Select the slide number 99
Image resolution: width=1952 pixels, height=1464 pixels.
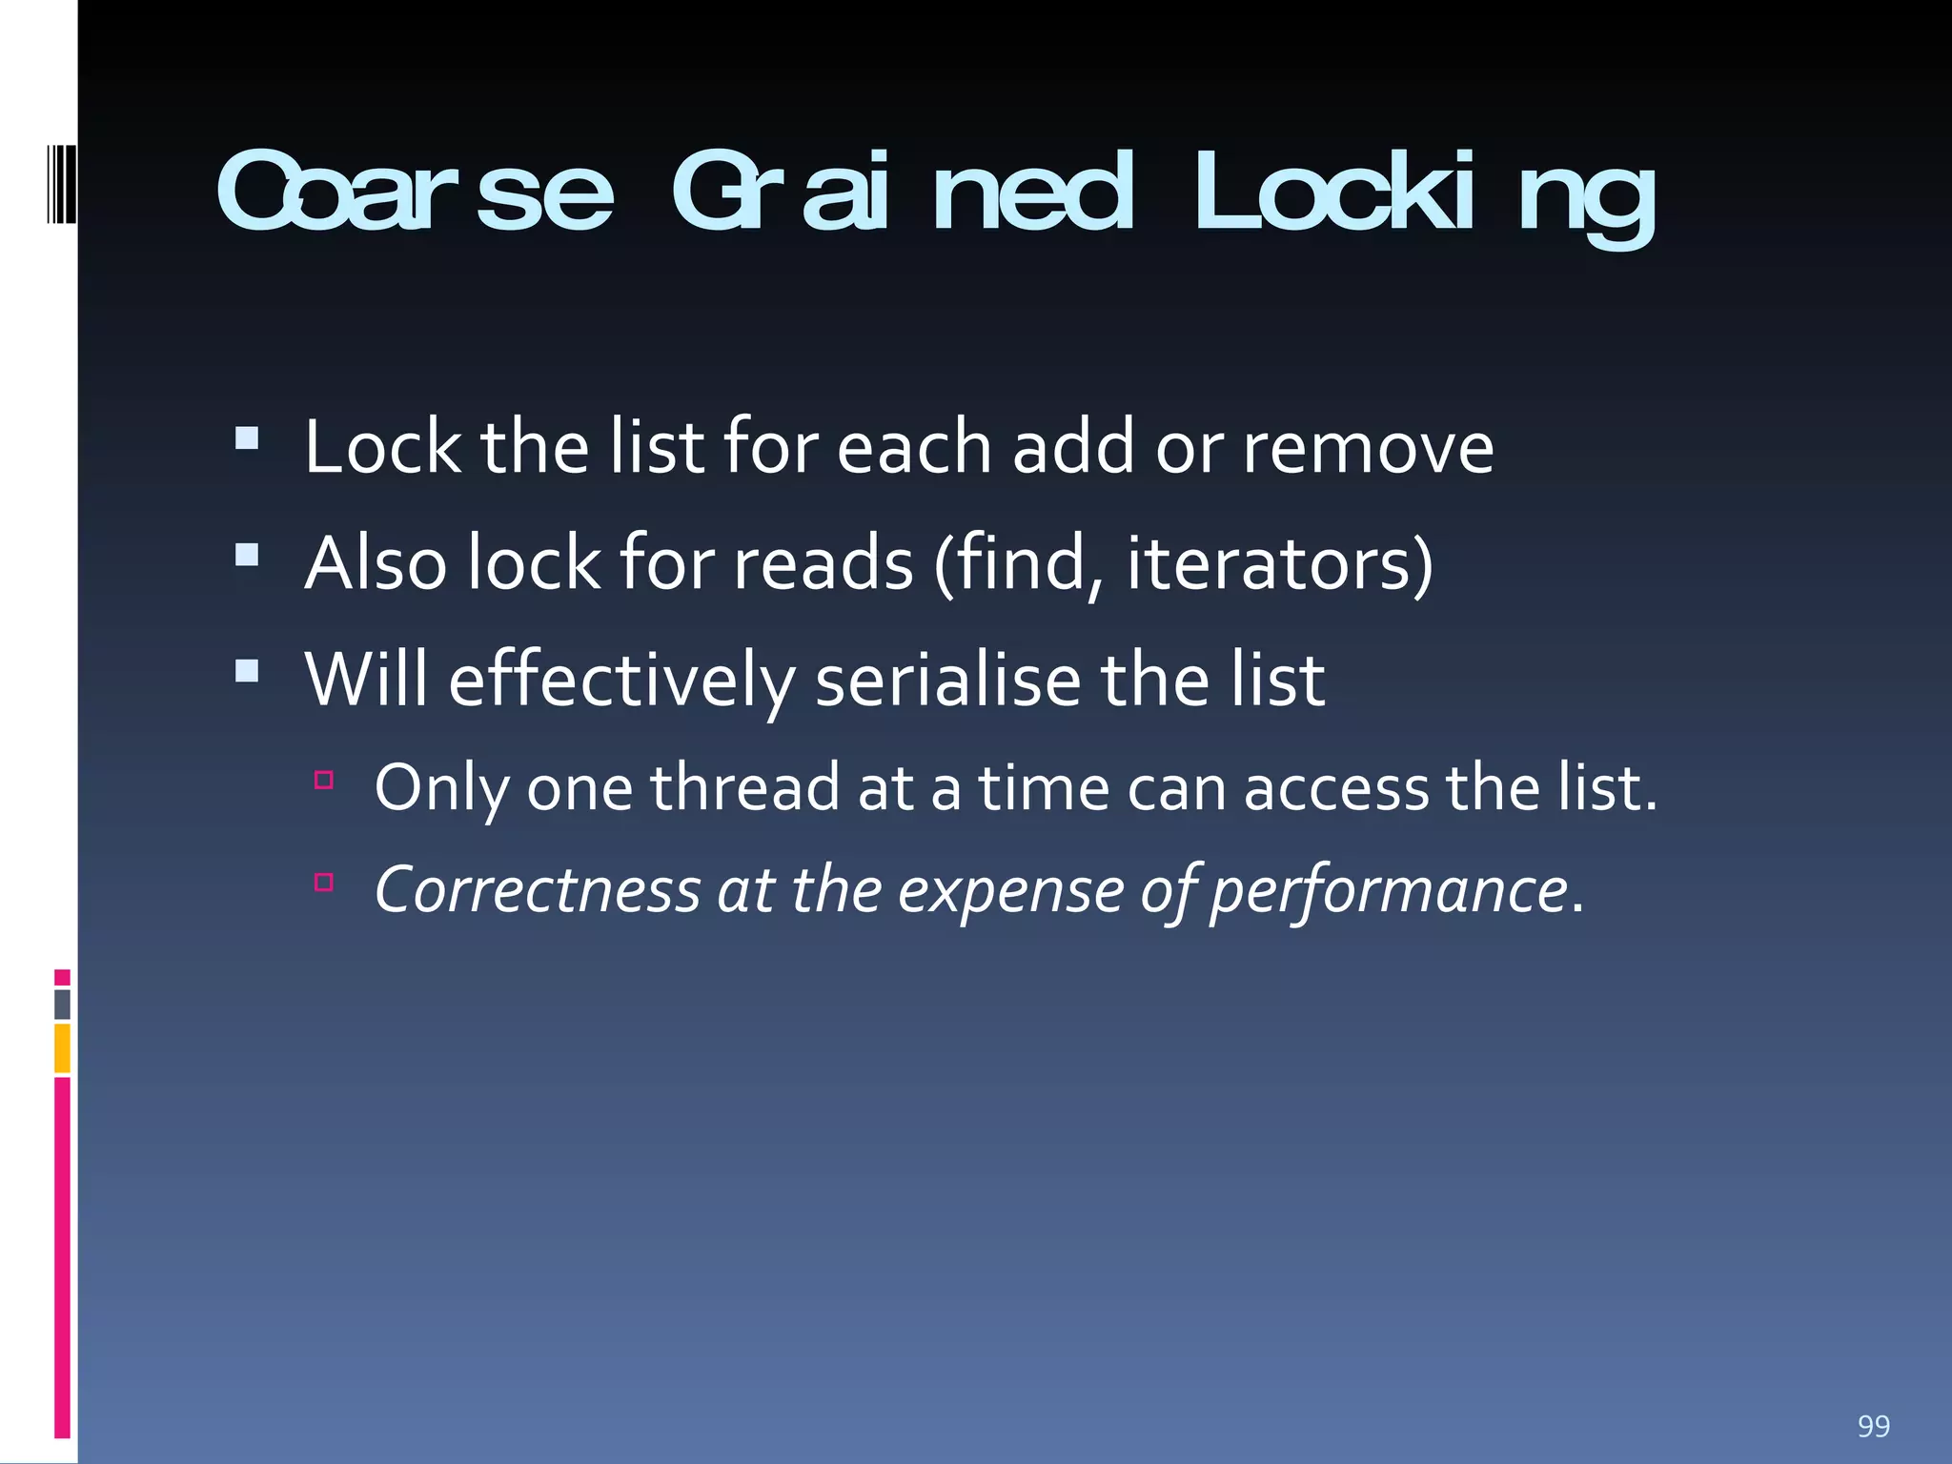tap(1873, 1426)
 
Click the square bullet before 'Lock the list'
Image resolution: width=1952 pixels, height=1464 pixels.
tap(247, 437)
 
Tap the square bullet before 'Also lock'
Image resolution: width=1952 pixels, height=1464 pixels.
tap(247, 555)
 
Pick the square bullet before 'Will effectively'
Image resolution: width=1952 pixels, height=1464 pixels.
tap(247, 671)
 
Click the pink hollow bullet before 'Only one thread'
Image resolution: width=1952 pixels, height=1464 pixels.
tap(324, 781)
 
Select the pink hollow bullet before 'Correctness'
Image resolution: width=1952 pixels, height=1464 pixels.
tap(324, 883)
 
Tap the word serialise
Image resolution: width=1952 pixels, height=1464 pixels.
tap(948, 681)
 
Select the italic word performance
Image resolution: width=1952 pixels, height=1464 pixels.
tap(1389, 892)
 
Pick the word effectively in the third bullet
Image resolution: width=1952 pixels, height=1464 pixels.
tap(621, 681)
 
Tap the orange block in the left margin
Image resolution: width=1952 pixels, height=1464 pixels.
tap(62, 1047)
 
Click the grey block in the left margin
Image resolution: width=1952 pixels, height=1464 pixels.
tap(62, 1005)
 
